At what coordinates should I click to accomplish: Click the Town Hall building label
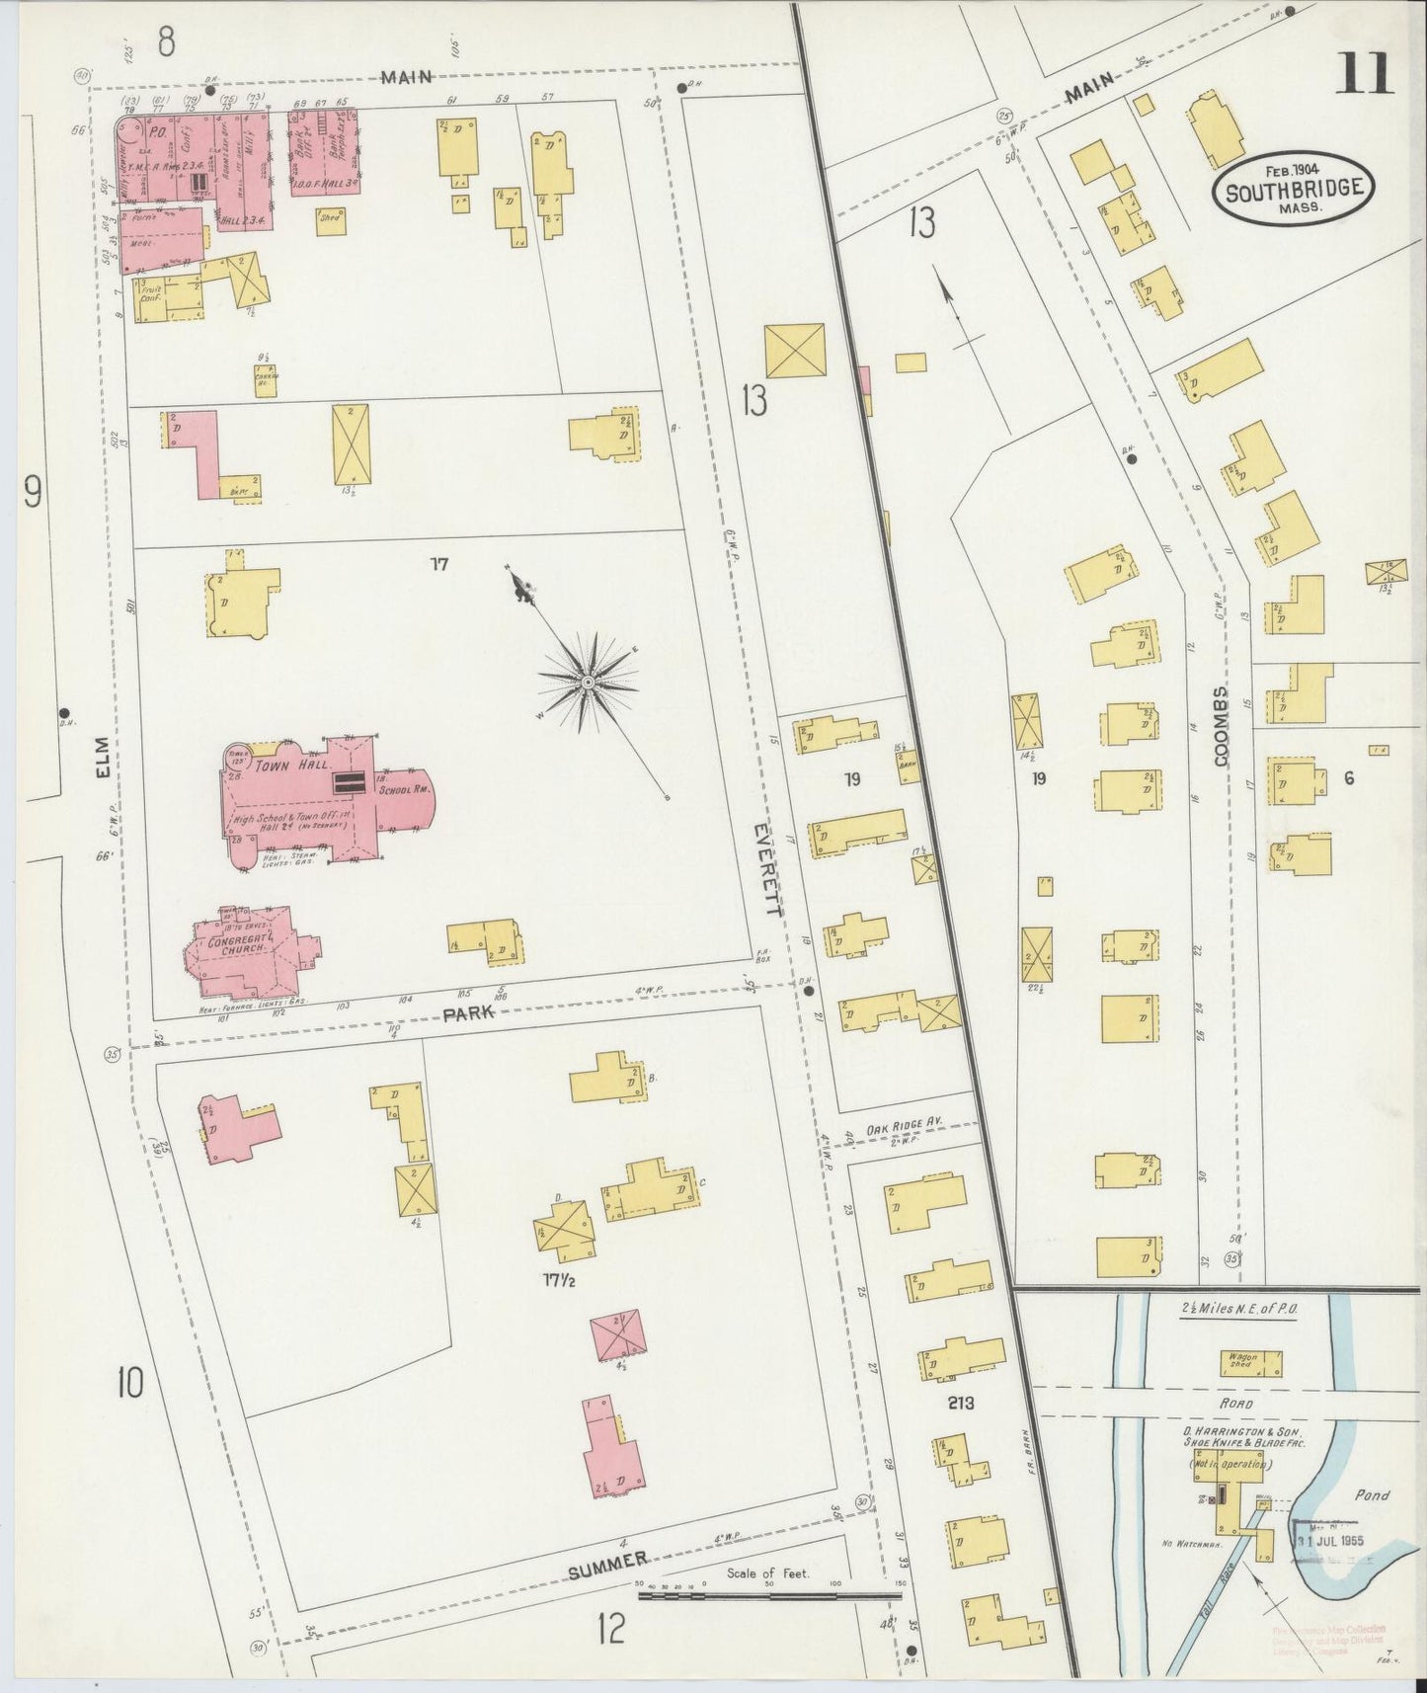[277, 766]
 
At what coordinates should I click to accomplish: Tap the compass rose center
[589, 682]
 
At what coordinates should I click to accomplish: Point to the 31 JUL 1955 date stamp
[1328, 1540]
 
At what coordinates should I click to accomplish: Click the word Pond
[1371, 1495]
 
